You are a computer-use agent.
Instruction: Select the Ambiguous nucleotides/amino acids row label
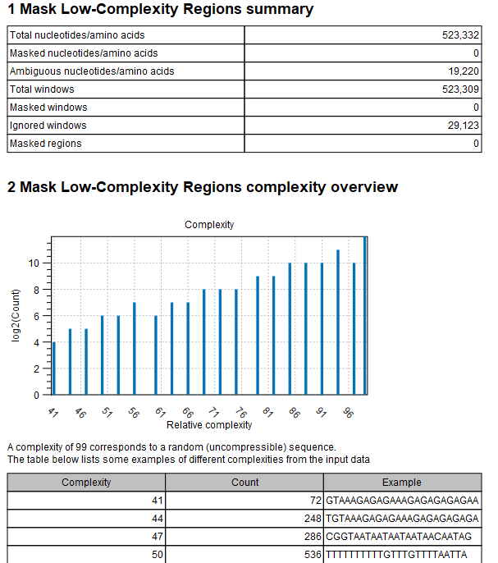[91, 71]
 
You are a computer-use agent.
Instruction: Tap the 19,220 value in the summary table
[464, 71]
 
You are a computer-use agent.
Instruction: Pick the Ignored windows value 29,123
[464, 126]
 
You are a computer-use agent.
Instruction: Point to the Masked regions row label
[46, 144]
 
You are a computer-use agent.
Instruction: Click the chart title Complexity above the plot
[209, 225]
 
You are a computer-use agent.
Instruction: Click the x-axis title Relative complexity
[209, 425]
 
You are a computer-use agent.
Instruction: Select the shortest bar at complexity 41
[54, 368]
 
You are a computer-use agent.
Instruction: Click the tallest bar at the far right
[365, 316]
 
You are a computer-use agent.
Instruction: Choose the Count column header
[244, 483]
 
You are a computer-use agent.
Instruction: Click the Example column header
[401, 483]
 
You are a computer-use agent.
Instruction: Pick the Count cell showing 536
[308, 554]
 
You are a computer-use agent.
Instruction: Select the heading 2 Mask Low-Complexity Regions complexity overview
[203, 187]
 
